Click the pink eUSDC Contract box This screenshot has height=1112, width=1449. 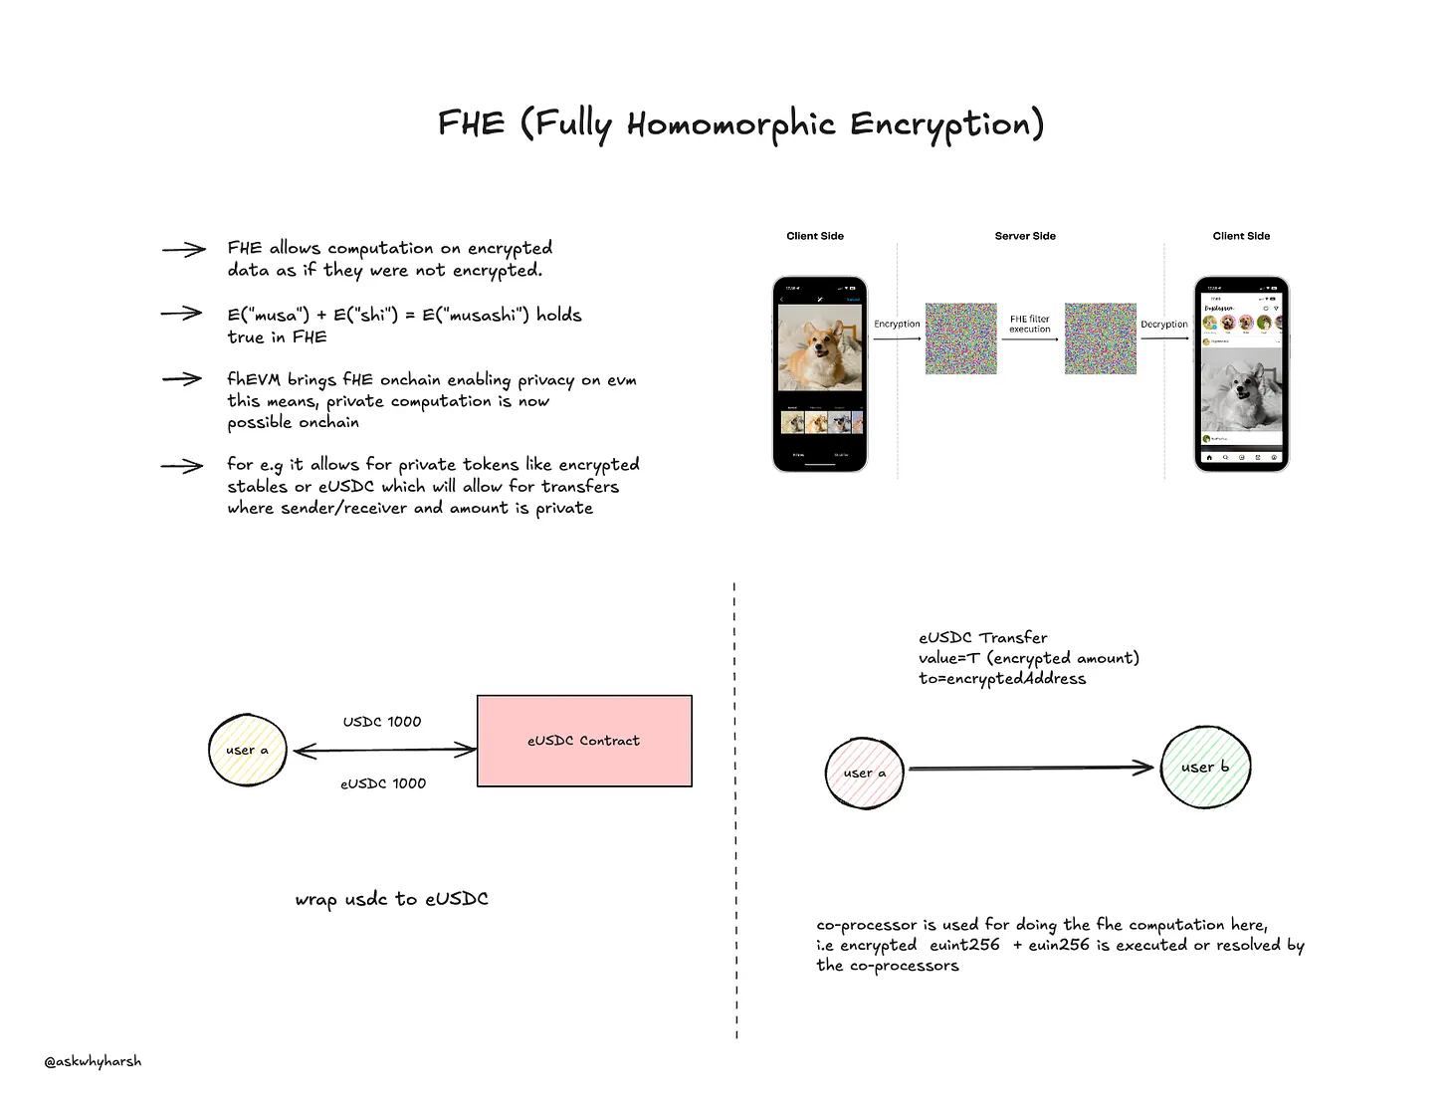click(584, 741)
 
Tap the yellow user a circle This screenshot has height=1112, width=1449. click(248, 750)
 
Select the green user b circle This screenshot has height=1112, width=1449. click(1205, 767)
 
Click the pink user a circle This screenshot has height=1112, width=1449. click(864, 773)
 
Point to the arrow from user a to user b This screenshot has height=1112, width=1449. click(1030, 768)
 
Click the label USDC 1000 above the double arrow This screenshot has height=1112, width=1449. click(382, 721)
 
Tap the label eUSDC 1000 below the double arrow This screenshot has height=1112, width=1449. click(383, 783)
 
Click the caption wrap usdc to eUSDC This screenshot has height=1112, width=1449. click(391, 899)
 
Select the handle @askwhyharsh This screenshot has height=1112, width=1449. click(93, 1061)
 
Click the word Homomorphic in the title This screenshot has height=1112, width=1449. click(730, 124)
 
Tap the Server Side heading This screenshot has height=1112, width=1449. click(1025, 236)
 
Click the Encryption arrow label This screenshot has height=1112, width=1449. click(897, 324)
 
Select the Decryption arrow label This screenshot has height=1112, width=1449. click(1164, 324)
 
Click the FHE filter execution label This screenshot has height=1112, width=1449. click(1030, 324)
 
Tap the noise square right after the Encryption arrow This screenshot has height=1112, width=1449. click(960, 338)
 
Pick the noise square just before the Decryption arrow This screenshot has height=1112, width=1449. click(1100, 338)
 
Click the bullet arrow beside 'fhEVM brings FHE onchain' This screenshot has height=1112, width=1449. click(182, 379)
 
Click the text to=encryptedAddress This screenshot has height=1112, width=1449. click(1002, 679)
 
